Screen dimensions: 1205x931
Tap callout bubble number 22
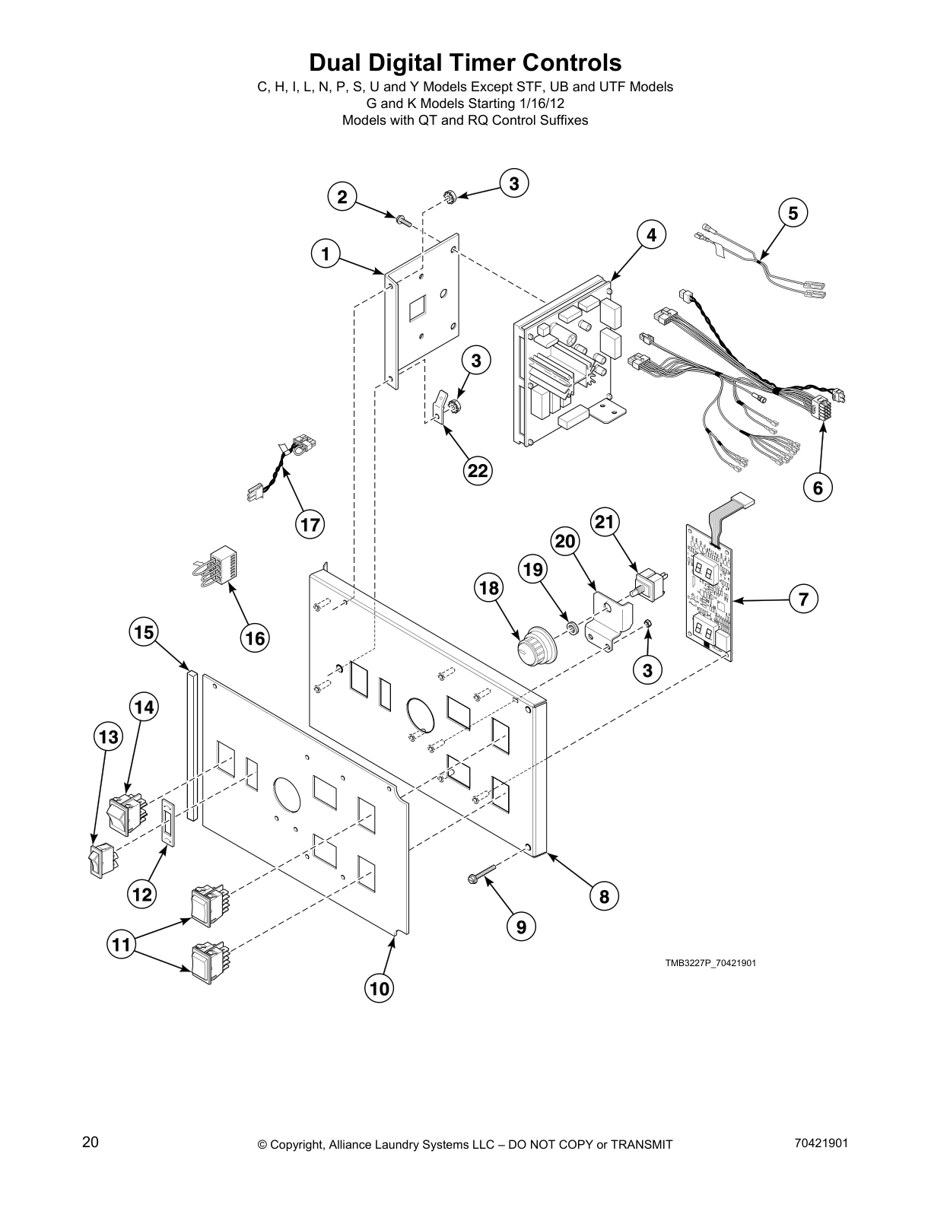tap(477, 471)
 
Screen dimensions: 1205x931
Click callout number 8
tap(604, 896)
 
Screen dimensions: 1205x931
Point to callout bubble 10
tap(380, 988)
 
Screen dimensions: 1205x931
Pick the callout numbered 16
tap(255, 637)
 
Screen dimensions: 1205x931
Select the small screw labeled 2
tap(403, 221)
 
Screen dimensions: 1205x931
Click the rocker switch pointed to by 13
tap(97, 860)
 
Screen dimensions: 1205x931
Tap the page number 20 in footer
tap(90, 1143)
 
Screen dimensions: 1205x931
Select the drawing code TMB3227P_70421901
tap(710, 963)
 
